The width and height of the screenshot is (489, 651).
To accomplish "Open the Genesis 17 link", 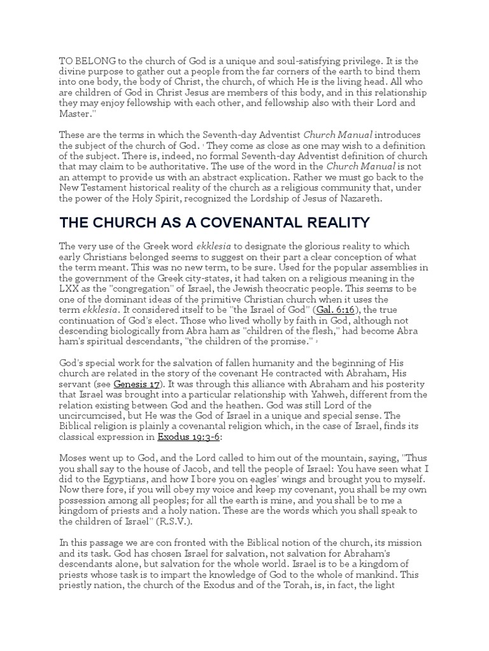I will (x=136, y=385).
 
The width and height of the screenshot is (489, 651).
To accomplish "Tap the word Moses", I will (x=73, y=457).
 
